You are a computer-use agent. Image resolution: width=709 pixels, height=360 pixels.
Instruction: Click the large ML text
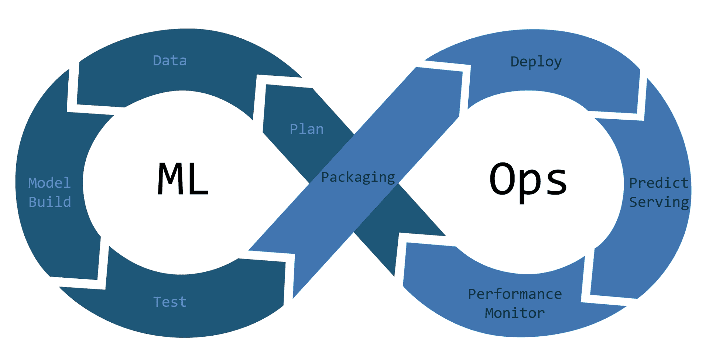click(x=183, y=179)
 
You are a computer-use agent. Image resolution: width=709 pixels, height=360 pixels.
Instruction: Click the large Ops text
click(x=528, y=180)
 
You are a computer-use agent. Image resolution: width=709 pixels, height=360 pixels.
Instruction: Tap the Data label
click(x=170, y=61)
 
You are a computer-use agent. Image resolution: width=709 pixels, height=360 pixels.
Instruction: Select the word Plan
click(x=306, y=129)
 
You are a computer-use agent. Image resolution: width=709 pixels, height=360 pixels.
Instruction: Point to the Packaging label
click(x=358, y=177)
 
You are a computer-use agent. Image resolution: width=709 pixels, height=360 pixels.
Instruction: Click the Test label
click(x=170, y=302)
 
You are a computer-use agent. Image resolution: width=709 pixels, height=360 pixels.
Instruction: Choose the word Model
click(x=49, y=183)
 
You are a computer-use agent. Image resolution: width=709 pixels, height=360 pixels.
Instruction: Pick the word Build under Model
click(x=50, y=202)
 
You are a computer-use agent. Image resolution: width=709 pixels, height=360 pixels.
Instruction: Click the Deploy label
click(x=536, y=62)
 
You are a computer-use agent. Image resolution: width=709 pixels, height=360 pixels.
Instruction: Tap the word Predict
click(x=659, y=183)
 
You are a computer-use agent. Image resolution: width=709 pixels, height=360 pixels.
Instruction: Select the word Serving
click(x=659, y=202)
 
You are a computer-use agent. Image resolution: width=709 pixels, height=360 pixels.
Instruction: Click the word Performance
click(x=515, y=294)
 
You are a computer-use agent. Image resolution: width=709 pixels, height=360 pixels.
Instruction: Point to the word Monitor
click(x=515, y=313)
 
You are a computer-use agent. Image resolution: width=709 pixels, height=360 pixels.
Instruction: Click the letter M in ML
click(x=169, y=179)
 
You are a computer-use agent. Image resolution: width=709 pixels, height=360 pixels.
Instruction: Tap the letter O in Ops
click(x=503, y=179)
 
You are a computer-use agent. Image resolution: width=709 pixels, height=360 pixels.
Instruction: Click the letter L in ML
click(x=198, y=179)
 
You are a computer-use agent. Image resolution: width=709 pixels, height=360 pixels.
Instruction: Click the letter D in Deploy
click(x=515, y=62)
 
